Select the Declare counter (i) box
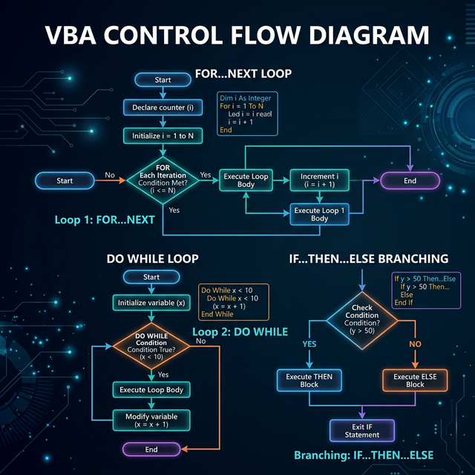click(163, 108)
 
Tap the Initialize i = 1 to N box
click(163, 136)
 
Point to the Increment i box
click(318, 180)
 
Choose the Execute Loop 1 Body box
click(319, 214)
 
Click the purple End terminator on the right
click(410, 180)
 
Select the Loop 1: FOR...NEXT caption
click(105, 220)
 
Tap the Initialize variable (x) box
click(151, 303)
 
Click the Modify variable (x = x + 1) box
click(151, 419)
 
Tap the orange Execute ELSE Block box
click(415, 381)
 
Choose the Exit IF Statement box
click(361, 430)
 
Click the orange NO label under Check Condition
click(415, 344)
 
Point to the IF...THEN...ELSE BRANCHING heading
click(368, 259)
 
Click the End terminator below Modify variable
click(151, 449)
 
